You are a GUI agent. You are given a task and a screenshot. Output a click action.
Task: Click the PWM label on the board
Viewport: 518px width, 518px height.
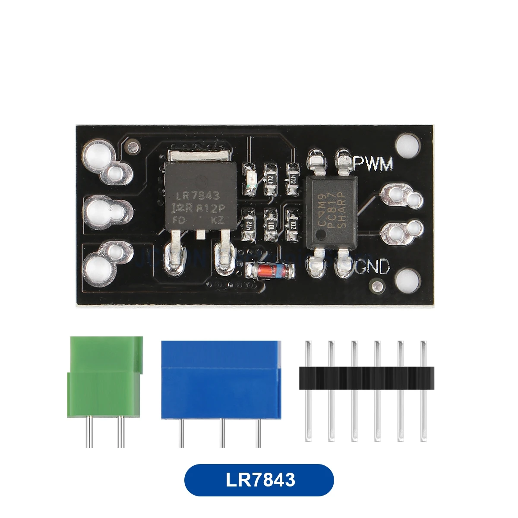point(373,164)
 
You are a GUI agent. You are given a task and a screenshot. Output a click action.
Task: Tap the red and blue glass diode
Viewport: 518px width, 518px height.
point(270,271)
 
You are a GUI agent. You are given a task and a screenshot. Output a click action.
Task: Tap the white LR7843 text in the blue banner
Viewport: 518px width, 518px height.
point(259,480)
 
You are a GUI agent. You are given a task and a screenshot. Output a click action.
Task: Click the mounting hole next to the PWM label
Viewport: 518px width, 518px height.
point(407,145)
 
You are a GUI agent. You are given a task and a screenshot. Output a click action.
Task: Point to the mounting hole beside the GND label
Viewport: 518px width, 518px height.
point(407,281)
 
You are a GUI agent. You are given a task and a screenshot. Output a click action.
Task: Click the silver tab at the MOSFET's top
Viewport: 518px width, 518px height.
point(199,156)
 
